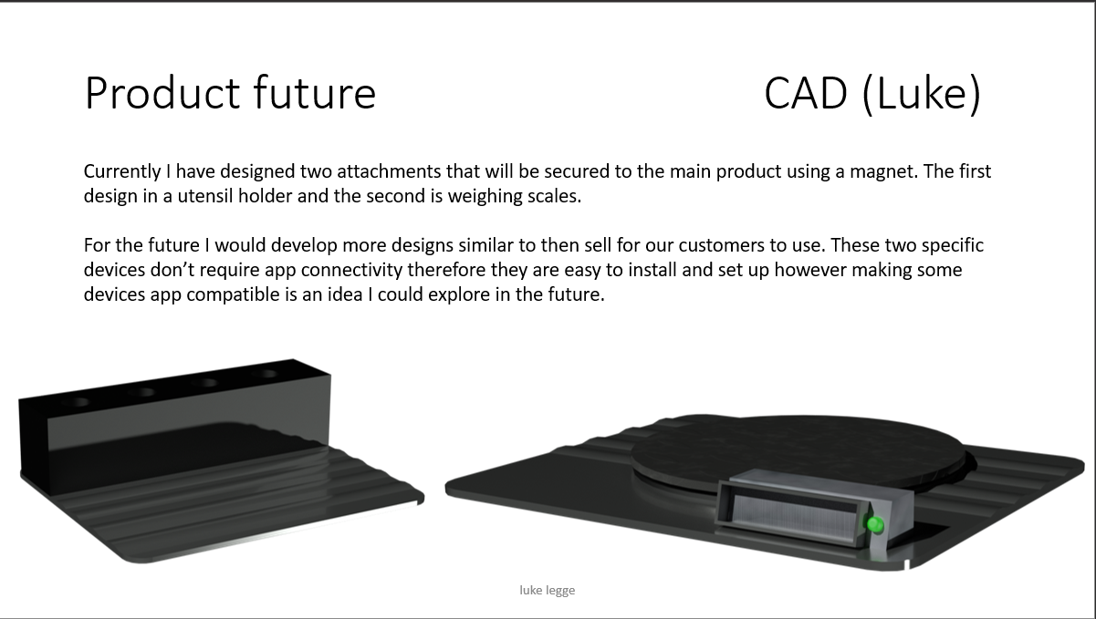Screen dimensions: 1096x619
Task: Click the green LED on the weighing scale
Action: pyautogui.click(x=874, y=524)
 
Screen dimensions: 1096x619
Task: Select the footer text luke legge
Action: pyautogui.click(x=547, y=590)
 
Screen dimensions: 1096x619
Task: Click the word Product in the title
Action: pyautogui.click(x=162, y=92)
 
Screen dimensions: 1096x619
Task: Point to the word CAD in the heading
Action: pyautogui.click(x=806, y=92)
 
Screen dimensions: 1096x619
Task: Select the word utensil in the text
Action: pyautogui.click(x=205, y=196)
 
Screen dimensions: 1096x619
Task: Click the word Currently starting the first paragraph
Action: pyautogui.click(x=122, y=171)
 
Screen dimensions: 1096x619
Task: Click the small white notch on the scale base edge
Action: pyautogui.click(x=907, y=564)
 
